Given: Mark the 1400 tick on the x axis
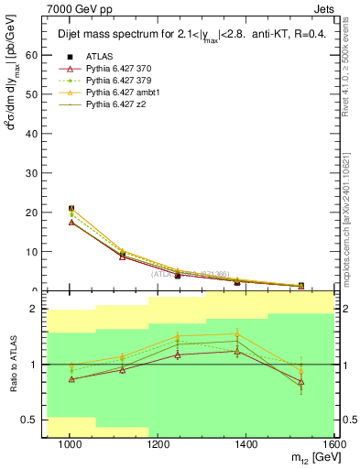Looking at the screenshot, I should click(x=248, y=445).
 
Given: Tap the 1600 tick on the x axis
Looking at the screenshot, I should click(x=336, y=445).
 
